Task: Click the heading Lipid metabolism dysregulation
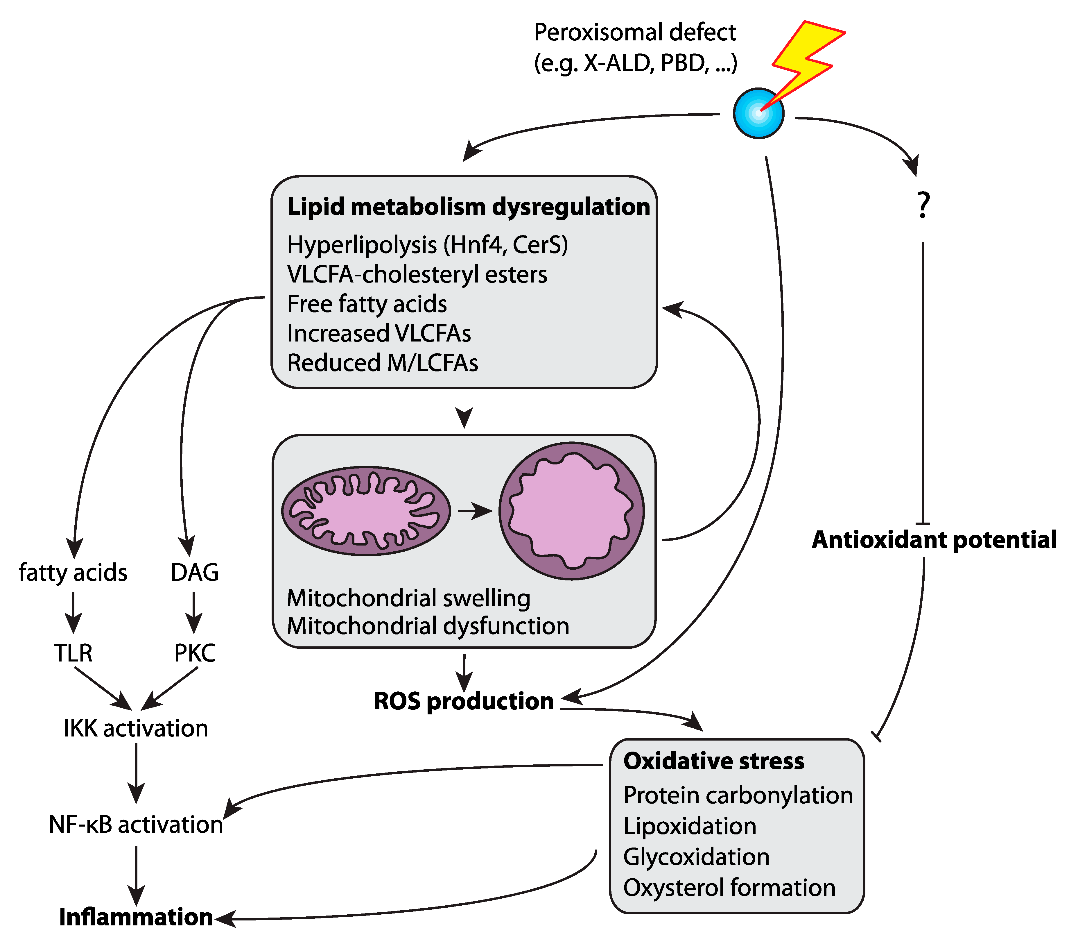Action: [x=468, y=206]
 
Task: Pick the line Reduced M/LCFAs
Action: [x=383, y=363]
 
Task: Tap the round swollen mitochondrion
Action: [x=571, y=511]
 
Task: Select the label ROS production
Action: [x=463, y=701]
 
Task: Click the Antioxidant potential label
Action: [x=934, y=540]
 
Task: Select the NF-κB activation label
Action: [x=136, y=825]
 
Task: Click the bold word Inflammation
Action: [x=136, y=917]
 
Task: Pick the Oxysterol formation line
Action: [x=729, y=888]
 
